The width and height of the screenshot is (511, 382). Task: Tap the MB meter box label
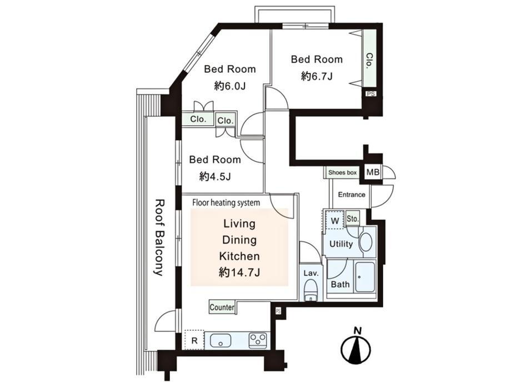pos(373,172)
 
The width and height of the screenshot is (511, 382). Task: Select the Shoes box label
pos(342,172)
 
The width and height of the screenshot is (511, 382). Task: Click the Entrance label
pos(351,195)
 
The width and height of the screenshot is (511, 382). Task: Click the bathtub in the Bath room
pos(365,277)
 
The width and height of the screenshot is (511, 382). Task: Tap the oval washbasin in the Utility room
pos(365,242)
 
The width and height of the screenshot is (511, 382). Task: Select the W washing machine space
pos(335,221)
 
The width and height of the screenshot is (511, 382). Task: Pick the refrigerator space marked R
pos(194,340)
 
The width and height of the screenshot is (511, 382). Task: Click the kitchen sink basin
pos(221,340)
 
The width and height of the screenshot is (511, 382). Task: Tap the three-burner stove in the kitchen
pos(258,340)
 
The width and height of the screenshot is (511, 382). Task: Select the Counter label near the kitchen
pos(222,307)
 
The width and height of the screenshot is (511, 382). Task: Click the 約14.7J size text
pos(239,272)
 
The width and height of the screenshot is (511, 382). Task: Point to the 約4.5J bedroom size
pos(215,176)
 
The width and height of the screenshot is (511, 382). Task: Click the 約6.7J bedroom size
pos(317,77)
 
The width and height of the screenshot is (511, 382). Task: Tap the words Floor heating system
pos(226,202)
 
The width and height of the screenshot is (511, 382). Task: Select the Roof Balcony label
pos(159,237)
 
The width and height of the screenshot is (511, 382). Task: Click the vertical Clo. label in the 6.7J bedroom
pos(369,60)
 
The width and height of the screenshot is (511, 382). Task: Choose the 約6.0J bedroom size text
pos(230,86)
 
